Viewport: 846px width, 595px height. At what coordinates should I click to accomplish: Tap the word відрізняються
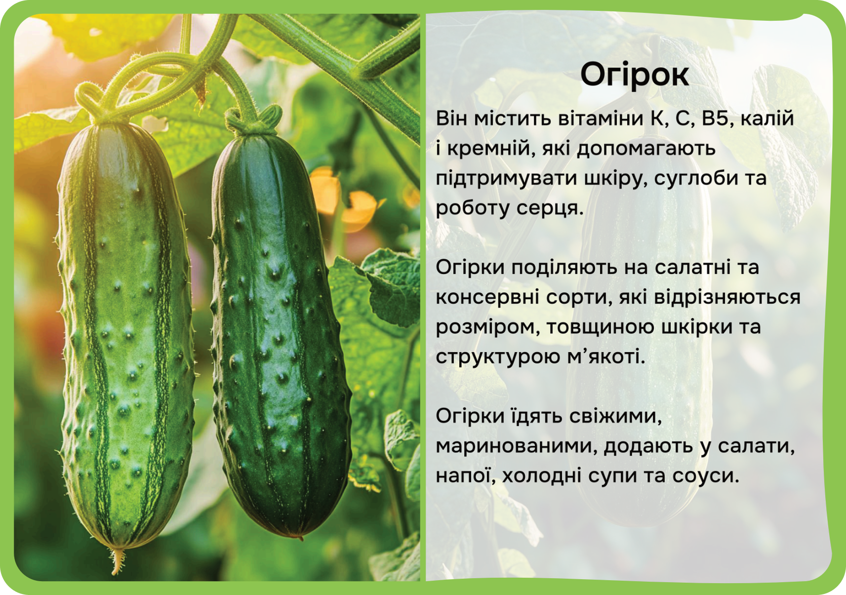(x=727, y=297)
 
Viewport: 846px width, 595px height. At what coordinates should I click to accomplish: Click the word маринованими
(x=516, y=446)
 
